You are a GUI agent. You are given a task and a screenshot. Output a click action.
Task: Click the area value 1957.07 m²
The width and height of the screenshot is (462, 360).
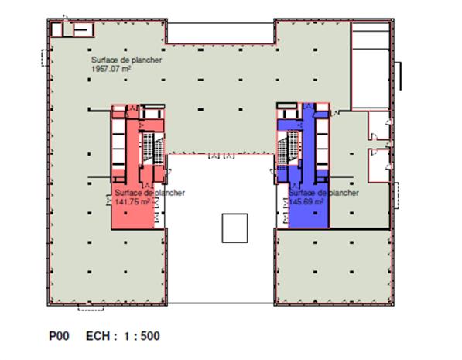[111, 69]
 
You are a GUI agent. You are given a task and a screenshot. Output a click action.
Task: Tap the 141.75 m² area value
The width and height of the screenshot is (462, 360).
[132, 202]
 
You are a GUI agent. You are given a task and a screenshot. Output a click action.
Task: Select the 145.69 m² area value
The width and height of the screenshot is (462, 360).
[306, 202]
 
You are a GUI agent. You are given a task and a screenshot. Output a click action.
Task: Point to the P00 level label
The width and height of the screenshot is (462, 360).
[59, 336]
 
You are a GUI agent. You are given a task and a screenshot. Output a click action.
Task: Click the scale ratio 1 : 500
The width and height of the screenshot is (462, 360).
[142, 336]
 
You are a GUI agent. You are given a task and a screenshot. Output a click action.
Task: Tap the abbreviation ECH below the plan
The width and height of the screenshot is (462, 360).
[98, 336]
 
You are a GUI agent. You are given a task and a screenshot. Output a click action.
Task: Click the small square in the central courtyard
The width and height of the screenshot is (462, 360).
[234, 228]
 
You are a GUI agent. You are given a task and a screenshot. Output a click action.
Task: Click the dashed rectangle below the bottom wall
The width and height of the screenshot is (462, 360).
[91, 307]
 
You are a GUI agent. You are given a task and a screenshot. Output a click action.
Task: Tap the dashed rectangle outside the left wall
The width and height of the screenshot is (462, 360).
[44, 58]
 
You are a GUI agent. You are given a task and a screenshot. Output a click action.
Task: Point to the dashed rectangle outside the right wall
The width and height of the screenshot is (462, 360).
[396, 195]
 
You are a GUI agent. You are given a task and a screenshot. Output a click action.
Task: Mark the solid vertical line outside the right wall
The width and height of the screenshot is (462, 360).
[400, 76]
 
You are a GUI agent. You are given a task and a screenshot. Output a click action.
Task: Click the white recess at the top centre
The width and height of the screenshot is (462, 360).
[221, 33]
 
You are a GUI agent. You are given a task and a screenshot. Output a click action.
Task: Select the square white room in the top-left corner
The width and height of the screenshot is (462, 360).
[56, 29]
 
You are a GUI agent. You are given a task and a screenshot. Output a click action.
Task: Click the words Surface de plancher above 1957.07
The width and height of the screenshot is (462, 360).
[127, 60]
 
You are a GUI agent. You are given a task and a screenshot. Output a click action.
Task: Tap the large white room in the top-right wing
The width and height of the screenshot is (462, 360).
[371, 78]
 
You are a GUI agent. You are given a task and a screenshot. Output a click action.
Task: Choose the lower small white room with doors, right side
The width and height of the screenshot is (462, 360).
[379, 166]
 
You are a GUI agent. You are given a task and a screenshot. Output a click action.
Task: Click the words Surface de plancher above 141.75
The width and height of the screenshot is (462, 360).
[149, 193]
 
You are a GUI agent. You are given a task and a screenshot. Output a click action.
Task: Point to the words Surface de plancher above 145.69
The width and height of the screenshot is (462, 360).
[323, 193]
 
